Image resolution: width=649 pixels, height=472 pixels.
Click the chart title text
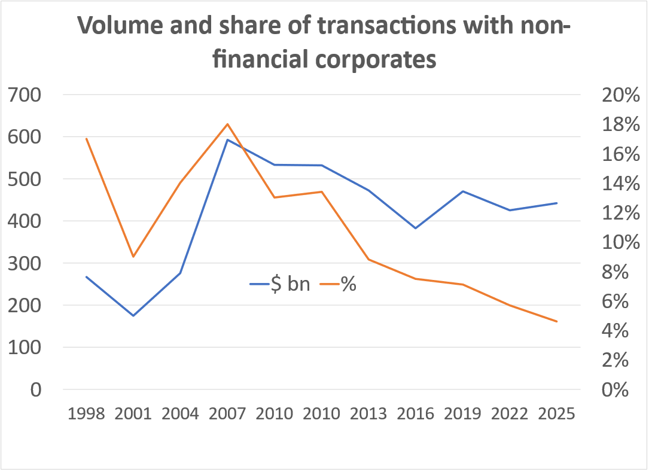[324, 42]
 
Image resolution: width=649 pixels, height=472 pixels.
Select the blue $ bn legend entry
[281, 284]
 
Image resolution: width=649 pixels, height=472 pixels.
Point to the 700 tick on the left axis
[24, 95]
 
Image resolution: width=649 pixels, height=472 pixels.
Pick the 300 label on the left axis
[24, 264]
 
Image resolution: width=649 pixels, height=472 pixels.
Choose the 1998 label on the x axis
[87, 414]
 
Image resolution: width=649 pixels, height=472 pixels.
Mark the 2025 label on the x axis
[556, 414]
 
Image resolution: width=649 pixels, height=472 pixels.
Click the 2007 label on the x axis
[227, 414]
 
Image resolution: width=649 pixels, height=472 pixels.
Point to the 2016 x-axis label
[415, 414]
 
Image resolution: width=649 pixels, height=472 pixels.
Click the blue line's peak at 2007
[227, 140]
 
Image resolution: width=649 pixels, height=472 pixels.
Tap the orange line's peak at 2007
[227, 124]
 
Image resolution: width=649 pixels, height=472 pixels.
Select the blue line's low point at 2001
[133, 315]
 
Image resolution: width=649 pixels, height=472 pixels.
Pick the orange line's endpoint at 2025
[556, 321]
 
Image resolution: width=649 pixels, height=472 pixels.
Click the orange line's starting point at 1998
[87, 139]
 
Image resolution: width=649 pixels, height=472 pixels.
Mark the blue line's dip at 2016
[415, 228]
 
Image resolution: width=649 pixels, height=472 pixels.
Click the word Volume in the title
[117, 26]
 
